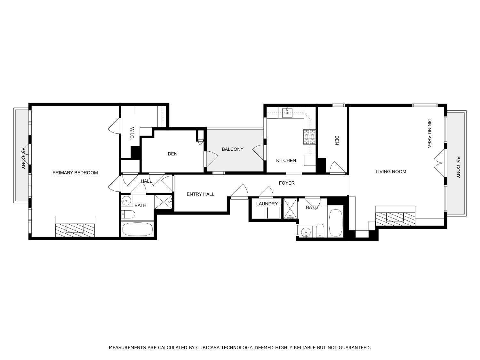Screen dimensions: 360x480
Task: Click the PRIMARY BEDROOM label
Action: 75,173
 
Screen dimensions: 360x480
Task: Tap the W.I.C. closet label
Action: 132,133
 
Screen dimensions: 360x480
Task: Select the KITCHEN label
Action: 286,160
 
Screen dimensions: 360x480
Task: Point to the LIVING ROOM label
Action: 391,172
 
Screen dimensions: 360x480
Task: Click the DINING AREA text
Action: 429,133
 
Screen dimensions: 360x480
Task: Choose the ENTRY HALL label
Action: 200,194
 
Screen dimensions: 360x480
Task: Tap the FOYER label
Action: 286,183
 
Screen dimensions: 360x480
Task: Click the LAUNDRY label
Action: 267,204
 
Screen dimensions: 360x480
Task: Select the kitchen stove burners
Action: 309,137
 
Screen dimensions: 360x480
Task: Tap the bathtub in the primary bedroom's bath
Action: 138,229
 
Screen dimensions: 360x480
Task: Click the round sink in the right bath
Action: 306,232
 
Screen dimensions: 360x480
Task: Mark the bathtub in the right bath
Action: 335,223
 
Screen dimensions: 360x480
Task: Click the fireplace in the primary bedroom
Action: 75,229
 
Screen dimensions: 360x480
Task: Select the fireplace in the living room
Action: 395,218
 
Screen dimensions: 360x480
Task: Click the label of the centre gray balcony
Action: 232,149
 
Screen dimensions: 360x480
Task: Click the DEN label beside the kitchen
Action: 337,140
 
